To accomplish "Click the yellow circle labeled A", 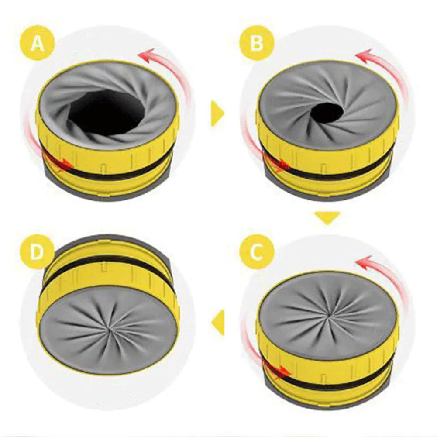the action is [38, 43].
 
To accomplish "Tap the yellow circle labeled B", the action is [257, 43].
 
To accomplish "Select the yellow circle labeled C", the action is [257, 252].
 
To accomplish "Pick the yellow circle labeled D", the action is [38, 252].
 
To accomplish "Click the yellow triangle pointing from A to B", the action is [217, 114].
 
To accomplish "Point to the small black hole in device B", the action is [327, 112].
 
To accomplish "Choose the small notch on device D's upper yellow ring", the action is [103, 266].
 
